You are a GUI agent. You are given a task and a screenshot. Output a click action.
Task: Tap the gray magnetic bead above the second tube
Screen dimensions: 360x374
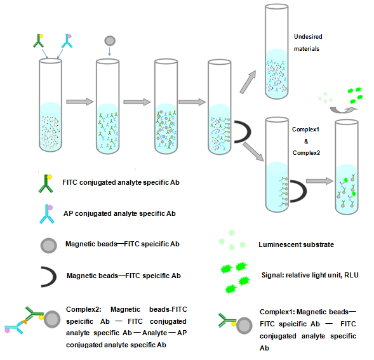pos(109,40)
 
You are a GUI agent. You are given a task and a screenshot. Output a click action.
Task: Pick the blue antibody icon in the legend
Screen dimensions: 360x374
pos(46,215)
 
